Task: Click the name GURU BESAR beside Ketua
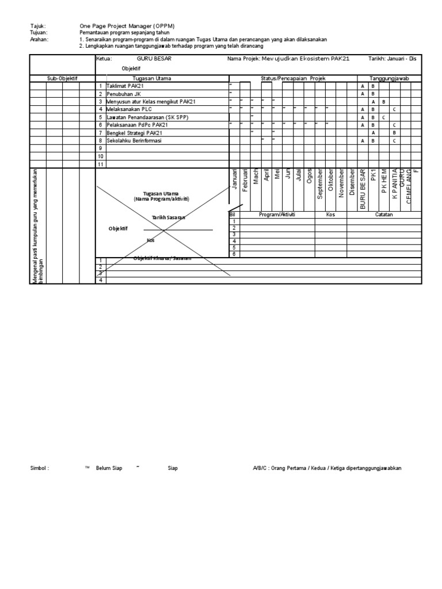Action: (154, 59)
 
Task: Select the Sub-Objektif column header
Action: (62, 78)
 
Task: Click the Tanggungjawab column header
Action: (388, 78)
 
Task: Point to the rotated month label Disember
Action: (352, 183)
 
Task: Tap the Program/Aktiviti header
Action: (277, 214)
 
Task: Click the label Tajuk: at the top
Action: (37, 26)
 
